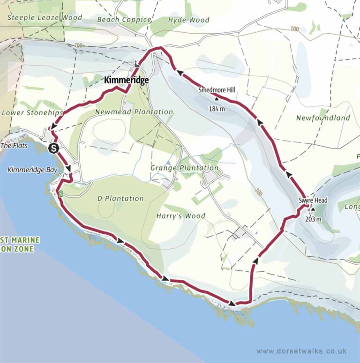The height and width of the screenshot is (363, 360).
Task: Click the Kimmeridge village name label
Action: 127,80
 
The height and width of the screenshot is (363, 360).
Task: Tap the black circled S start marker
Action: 53,149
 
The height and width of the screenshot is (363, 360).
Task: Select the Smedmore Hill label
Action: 216,90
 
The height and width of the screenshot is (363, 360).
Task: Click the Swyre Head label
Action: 313,200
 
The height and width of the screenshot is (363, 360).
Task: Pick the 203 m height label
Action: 313,219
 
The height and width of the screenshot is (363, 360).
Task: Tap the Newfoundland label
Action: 323,118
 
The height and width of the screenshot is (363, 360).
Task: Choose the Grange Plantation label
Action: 184,168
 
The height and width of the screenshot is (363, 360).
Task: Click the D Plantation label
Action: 120,198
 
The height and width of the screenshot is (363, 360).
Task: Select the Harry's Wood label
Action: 181,216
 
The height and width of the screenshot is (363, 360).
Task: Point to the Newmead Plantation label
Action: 134,112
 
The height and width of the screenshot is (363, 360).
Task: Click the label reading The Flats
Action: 14,146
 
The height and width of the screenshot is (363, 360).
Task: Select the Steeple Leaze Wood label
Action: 45,18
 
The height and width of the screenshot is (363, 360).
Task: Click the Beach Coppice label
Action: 124,20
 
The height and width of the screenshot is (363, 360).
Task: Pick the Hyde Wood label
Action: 188,20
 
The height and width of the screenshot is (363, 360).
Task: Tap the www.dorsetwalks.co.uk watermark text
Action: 301,351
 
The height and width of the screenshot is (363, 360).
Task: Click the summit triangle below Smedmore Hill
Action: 217,99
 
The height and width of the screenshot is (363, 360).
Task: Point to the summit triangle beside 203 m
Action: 313,210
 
